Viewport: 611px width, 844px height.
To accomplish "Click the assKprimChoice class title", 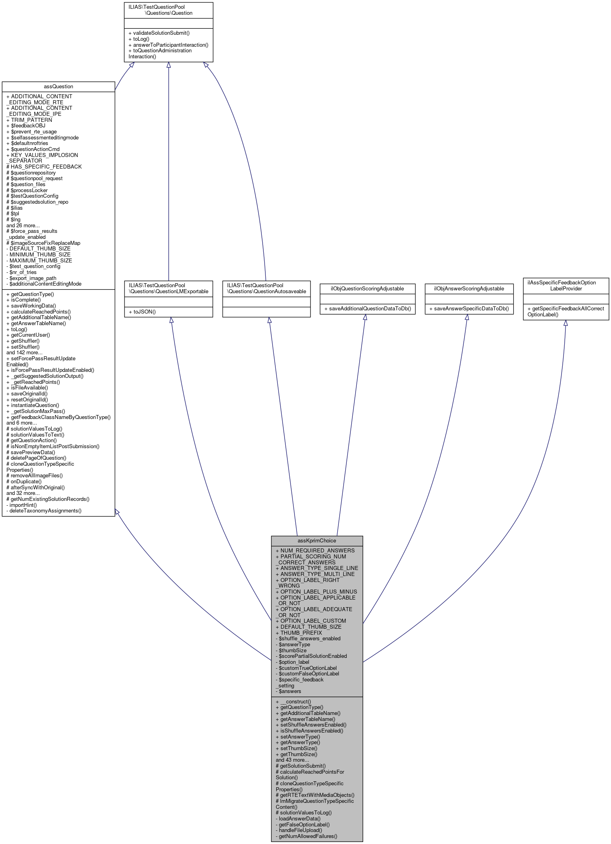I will pos(317,540).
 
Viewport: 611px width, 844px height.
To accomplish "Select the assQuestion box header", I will pos(58,86).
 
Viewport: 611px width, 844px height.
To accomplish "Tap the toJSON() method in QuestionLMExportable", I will pos(142,312).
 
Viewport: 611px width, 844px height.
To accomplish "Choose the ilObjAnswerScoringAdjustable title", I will pos(469,288).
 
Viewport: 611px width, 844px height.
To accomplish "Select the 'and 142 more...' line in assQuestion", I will pos(24,352).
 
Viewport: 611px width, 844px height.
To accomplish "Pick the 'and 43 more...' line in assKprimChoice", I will pos(292,760).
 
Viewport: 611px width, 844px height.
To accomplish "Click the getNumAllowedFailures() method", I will pos(306,836).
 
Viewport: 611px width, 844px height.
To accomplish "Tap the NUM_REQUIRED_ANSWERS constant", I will pos(315,550).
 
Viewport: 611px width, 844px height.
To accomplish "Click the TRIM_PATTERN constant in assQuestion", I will pos(29,120).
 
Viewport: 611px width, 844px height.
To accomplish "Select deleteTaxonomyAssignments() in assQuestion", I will pos(44,510).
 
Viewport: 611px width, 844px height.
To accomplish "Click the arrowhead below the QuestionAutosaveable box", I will pos(269,320).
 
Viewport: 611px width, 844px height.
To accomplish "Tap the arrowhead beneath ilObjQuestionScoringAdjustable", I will pos(365,318).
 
